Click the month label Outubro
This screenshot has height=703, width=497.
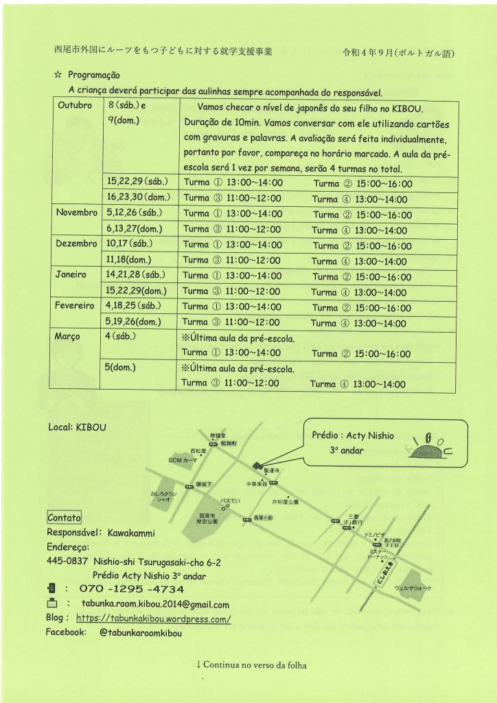point(74,107)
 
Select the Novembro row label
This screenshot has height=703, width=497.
point(77,212)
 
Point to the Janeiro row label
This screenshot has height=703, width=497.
point(71,274)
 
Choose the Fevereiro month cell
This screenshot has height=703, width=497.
point(75,305)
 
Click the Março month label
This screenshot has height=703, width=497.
point(68,336)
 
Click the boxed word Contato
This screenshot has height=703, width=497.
point(64,517)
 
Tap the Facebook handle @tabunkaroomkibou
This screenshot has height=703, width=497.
point(140,633)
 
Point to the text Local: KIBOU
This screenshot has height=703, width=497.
point(77,427)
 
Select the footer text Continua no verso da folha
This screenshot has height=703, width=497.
point(251,665)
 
